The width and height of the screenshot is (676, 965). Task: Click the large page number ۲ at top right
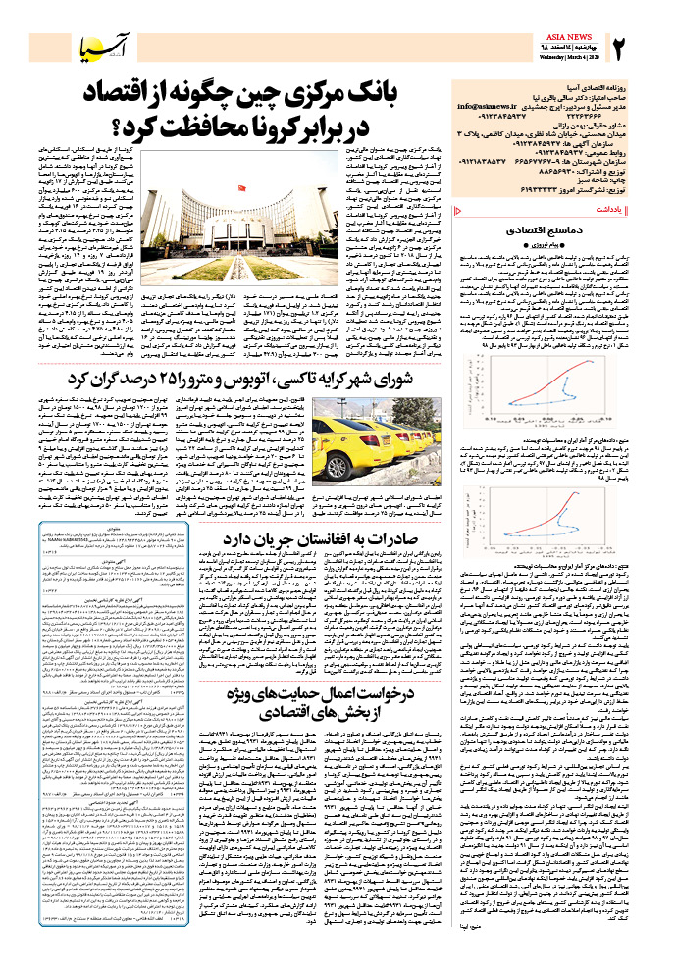[x=620, y=44]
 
